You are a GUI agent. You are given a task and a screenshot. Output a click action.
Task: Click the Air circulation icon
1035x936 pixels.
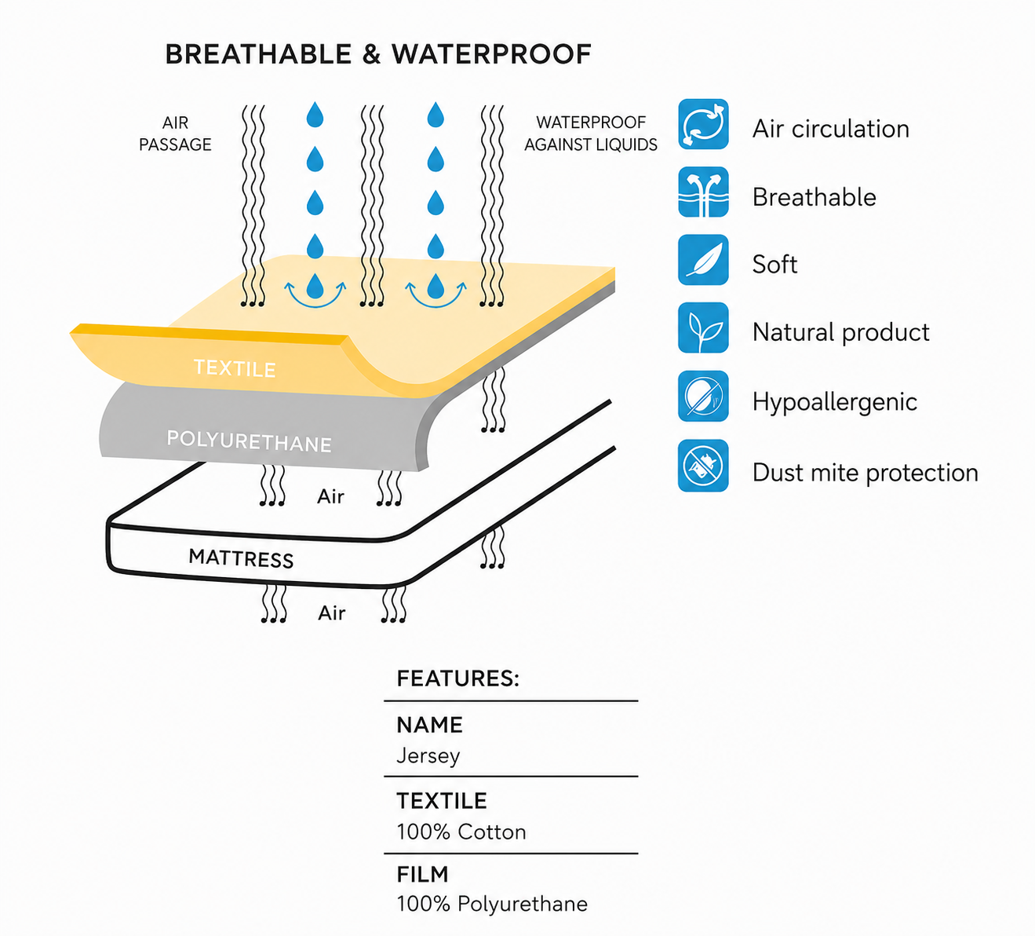coord(703,124)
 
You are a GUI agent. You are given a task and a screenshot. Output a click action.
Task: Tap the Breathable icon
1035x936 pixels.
coord(703,192)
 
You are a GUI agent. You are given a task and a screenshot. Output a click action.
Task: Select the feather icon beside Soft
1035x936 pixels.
coord(703,260)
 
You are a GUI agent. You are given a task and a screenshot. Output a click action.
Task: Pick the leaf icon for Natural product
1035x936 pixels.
coord(703,328)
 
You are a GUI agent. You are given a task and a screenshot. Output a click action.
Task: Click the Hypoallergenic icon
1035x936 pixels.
coord(703,397)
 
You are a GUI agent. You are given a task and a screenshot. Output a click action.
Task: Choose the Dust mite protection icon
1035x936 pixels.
coord(703,466)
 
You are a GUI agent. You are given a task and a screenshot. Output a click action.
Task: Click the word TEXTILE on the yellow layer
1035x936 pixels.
coord(235,368)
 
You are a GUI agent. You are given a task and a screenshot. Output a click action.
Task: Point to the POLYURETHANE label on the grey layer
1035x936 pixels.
coord(250,441)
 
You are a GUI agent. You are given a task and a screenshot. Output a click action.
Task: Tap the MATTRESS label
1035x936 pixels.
coord(241,558)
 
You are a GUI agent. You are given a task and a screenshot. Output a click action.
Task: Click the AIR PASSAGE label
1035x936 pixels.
coord(176,133)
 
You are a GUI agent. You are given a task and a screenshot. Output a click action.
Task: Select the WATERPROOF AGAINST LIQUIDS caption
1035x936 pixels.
coord(591,133)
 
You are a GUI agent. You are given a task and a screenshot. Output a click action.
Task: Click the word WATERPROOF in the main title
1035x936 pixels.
coord(491,54)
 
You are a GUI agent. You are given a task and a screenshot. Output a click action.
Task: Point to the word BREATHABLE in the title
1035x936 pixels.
coord(258,54)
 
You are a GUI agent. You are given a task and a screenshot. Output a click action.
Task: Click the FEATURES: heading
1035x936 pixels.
coord(457,678)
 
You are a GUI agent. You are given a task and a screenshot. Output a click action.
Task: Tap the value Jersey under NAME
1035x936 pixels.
coord(428,755)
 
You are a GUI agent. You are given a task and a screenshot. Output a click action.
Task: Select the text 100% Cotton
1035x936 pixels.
coord(461,832)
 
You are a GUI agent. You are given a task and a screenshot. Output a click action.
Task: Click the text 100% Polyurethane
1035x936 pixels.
coord(492,905)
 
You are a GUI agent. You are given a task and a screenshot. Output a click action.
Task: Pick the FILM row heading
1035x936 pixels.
coord(423,875)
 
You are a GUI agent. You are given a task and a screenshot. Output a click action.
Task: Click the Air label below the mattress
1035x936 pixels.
coord(331,613)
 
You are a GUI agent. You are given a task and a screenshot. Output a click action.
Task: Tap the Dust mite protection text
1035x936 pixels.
coord(865,473)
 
